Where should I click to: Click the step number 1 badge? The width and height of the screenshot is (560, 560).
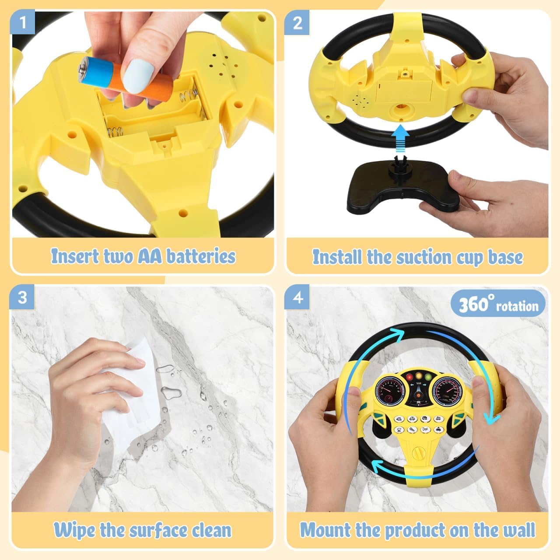pos(23,22)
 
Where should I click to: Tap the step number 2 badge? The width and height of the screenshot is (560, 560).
pos(297,22)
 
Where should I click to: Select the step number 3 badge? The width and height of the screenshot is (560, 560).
pos(22,297)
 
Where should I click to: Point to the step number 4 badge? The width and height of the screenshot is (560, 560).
pos(297,297)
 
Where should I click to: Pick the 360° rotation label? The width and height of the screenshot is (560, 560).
pos(498,304)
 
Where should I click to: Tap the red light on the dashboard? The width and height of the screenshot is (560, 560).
pos(410,377)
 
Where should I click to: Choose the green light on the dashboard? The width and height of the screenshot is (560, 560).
pos(428,377)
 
